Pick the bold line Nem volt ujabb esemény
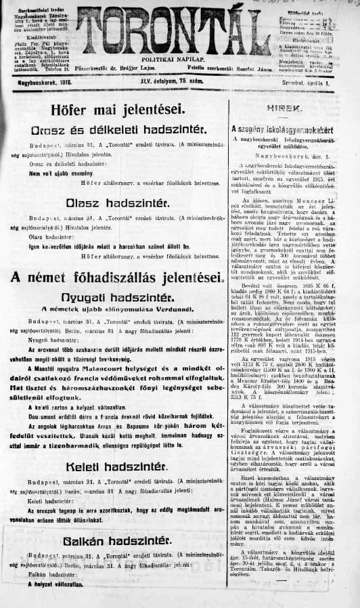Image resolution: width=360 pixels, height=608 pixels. click(60, 173)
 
